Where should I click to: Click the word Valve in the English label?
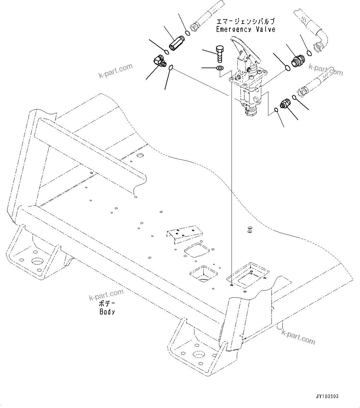coord(265,29)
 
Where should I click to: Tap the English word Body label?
coord(107,312)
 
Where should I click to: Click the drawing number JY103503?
coord(327,396)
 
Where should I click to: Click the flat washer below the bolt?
coord(220,68)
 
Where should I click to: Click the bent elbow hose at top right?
coord(316,31)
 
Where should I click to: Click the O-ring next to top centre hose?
coord(187,33)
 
